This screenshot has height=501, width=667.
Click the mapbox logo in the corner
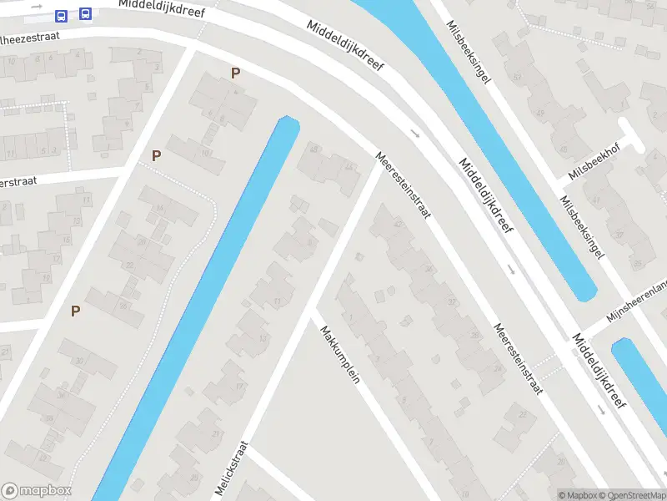pyautogui.click(x=37, y=491)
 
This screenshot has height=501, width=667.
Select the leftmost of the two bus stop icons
pyautogui.click(x=61, y=16)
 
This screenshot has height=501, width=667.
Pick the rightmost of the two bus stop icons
pyautogui.click(x=85, y=14)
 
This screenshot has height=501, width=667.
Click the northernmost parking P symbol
pyautogui.click(x=235, y=73)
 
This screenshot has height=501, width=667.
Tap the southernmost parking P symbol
pyautogui.click(x=75, y=311)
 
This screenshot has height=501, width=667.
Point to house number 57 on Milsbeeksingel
pyautogui.click(x=518, y=78)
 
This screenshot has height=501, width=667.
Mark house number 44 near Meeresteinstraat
pyautogui.click(x=347, y=168)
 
